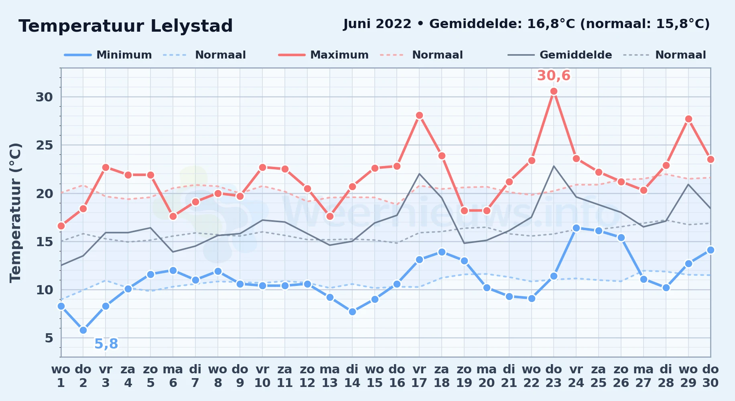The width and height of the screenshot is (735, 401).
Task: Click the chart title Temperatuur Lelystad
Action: [126, 26]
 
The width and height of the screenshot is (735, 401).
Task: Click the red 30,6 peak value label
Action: [554, 75]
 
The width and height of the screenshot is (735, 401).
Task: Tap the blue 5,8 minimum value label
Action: [106, 344]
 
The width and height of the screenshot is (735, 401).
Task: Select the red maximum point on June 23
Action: [554, 91]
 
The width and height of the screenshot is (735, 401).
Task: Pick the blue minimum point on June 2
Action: [83, 330]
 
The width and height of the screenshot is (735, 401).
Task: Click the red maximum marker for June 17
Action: [419, 115]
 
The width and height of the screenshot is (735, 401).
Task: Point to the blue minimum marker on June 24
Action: [576, 228]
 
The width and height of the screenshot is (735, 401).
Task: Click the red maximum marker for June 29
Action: [688, 119]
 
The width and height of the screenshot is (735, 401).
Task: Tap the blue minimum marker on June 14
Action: [352, 312]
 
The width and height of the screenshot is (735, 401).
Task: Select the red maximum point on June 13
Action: [330, 216]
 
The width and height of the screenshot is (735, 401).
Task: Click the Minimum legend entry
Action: [108, 55]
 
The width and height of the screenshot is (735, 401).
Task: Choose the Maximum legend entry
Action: [323, 55]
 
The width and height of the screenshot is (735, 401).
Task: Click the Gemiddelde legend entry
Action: [560, 55]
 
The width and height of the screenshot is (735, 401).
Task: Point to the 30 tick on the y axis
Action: [44, 97]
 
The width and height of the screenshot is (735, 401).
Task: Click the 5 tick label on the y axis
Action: [49, 338]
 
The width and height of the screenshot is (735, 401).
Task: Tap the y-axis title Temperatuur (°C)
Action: [16, 213]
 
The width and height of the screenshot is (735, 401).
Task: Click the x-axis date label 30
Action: [711, 383]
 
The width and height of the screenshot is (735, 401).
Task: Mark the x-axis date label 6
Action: [173, 383]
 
